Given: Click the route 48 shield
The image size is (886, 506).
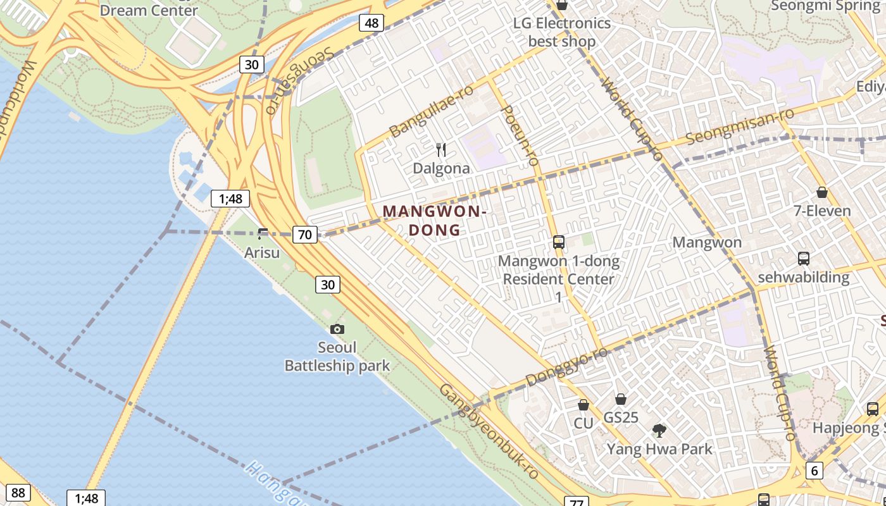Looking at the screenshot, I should tap(371, 23).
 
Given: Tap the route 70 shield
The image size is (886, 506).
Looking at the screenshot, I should tap(304, 235).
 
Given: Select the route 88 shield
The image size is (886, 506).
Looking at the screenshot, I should tap(18, 493).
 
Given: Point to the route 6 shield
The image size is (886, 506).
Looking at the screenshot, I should tap(814, 470).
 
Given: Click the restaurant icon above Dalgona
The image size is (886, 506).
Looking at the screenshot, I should tap(441, 150).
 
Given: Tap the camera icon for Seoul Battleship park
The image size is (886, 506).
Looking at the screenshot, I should tap(337, 329).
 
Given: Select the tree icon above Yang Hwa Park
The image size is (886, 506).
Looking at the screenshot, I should tap(659, 431).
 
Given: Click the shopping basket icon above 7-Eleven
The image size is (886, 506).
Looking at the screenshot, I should tap(822, 192).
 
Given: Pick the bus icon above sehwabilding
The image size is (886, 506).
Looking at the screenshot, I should tap(803, 258).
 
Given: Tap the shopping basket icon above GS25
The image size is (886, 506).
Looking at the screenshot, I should tap(621, 399).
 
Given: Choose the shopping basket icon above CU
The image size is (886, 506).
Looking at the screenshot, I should tap(583, 405).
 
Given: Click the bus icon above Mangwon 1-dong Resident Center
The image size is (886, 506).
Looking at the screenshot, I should tap(558, 242).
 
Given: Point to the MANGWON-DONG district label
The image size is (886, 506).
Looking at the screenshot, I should tap(434, 220).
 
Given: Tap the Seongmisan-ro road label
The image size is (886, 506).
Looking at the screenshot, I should tap(740, 126).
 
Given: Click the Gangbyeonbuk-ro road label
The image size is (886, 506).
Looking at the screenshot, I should tap(489, 431).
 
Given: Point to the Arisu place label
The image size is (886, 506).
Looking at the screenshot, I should tap(262, 252).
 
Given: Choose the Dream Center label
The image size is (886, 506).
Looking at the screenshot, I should tap(149, 10).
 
